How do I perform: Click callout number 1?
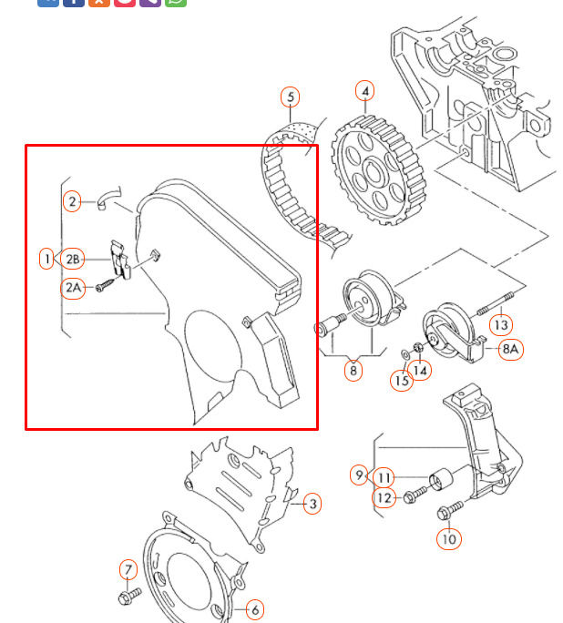(46, 260)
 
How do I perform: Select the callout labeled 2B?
(73, 260)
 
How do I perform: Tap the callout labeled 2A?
(73, 288)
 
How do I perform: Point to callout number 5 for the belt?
(290, 97)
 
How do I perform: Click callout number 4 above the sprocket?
(364, 91)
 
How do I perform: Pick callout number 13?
(501, 324)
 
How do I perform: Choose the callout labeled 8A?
(511, 348)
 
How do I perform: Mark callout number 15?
(402, 380)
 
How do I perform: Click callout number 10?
(448, 539)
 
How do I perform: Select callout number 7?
(128, 571)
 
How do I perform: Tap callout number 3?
(312, 504)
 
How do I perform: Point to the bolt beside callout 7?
(127, 596)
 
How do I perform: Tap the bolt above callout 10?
(449, 513)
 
